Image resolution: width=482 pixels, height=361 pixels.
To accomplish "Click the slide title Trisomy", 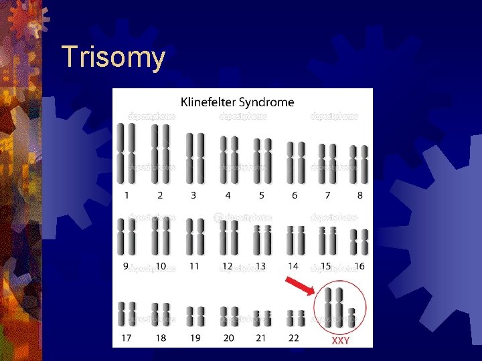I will click(112, 58).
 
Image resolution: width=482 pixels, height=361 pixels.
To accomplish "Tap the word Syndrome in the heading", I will click(270, 103).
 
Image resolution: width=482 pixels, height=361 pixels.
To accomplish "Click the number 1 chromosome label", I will click(126, 195).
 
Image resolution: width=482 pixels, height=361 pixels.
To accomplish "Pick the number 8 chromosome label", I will click(360, 195).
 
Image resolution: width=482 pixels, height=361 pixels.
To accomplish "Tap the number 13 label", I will click(261, 266).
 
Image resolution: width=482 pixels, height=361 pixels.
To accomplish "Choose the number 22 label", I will click(294, 338).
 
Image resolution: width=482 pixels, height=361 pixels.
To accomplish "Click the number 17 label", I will click(126, 338).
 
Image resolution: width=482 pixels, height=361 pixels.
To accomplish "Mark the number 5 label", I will click(262, 195).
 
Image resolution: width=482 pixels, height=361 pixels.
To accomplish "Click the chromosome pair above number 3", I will click(195, 158).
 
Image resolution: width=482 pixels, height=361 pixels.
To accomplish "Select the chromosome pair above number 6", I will click(295, 161).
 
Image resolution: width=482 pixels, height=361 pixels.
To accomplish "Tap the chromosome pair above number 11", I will click(195, 235).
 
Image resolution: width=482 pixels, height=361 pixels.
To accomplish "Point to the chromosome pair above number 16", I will click(360, 241).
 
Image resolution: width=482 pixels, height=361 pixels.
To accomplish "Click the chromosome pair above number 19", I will click(195, 316).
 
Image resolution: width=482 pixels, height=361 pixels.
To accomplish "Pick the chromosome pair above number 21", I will click(262, 318).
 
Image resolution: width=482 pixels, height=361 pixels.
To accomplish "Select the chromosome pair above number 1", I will click(126, 153).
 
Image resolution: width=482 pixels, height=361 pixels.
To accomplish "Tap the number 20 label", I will click(229, 338).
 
